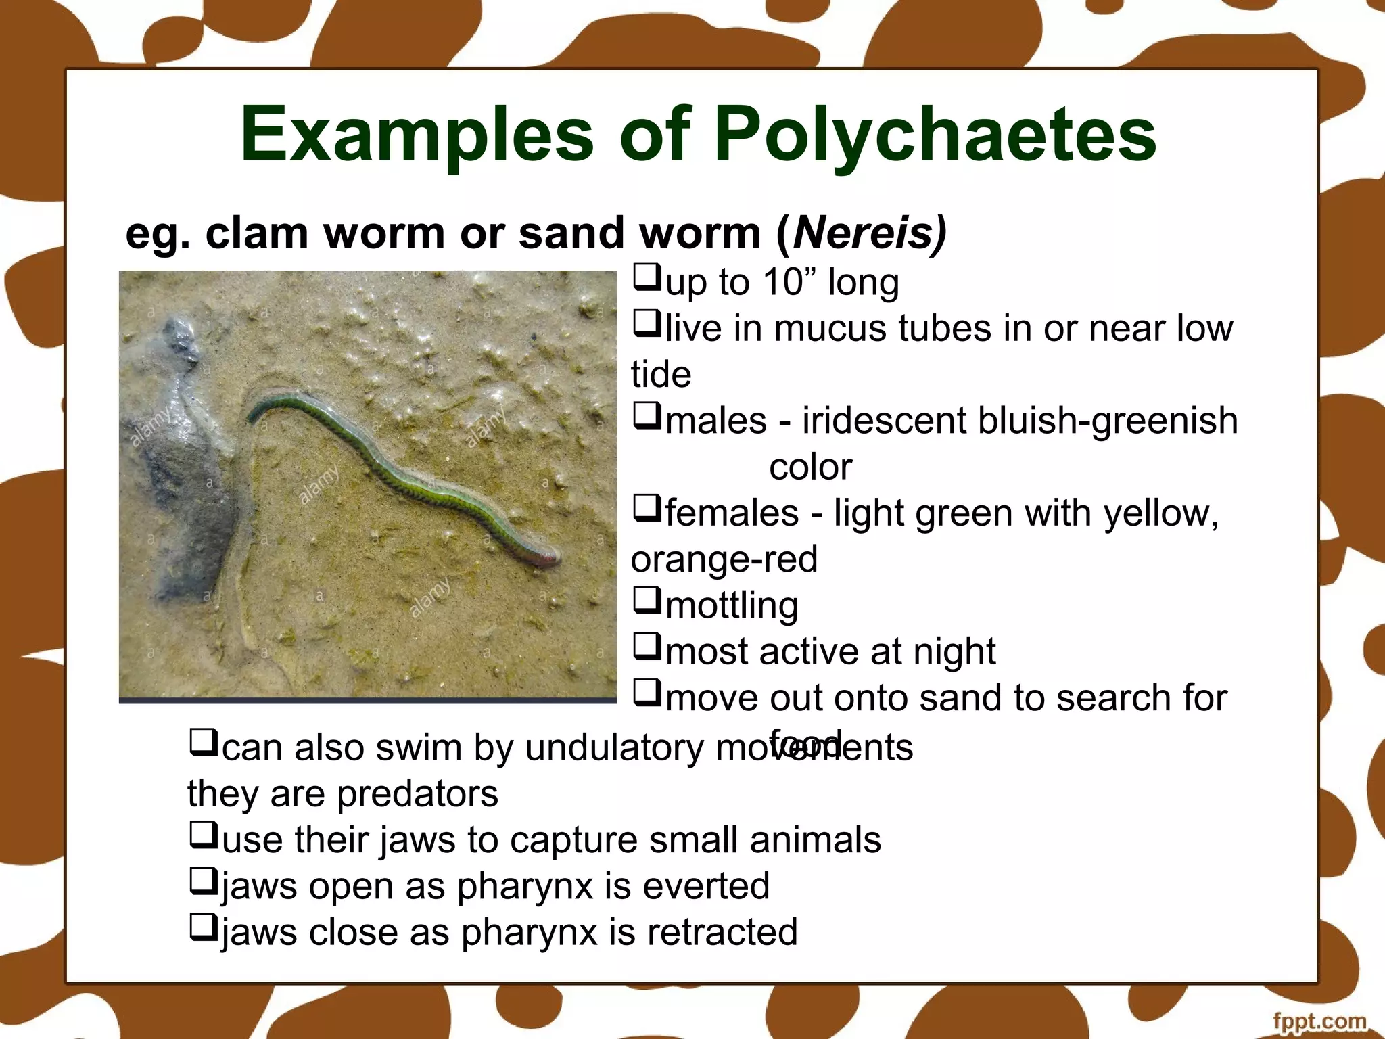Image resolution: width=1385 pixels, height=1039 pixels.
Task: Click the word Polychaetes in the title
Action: (935, 135)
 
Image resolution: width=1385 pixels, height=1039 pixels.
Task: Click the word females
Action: (732, 513)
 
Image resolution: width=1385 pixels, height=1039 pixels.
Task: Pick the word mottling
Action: (732, 605)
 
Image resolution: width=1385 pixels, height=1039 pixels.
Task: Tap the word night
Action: (954, 651)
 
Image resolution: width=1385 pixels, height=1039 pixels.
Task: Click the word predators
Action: (417, 793)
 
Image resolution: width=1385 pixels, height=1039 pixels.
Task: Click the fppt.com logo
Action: (1319, 1021)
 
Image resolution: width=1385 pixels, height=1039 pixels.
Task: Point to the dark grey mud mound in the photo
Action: (183, 460)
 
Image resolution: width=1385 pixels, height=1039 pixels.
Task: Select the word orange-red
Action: (724, 559)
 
